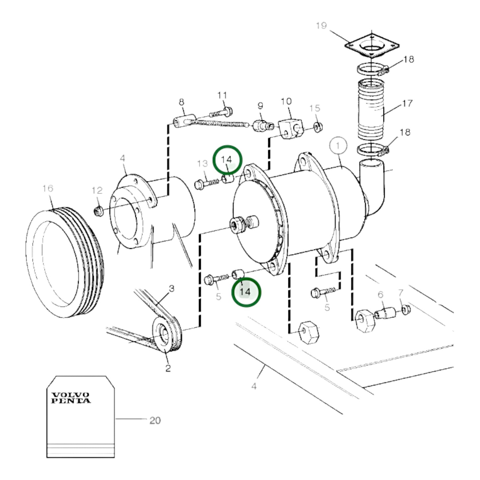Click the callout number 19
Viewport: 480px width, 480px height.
(x=321, y=26)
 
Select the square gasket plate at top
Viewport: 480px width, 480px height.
(x=372, y=45)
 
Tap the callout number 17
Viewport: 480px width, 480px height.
(x=407, y=103)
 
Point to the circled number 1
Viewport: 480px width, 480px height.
(x=338, y=146)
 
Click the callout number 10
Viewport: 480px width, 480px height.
(x=286, y=101)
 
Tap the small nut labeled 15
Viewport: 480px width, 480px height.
(x=318, y=127)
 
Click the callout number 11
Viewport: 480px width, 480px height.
(x=222, y=95)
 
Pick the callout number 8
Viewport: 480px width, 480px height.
(x=181, y=102)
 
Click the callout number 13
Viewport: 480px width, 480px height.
(x=202, y=163)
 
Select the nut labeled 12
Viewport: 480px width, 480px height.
(x=98, y=212)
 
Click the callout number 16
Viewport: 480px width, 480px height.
(x=48, y=188)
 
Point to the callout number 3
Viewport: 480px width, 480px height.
(x=171, y=289)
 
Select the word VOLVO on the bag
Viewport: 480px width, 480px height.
(x=70, y=395)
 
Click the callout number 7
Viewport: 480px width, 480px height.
(x=401, y=293)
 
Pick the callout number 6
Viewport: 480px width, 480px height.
(x=380, y=295)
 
